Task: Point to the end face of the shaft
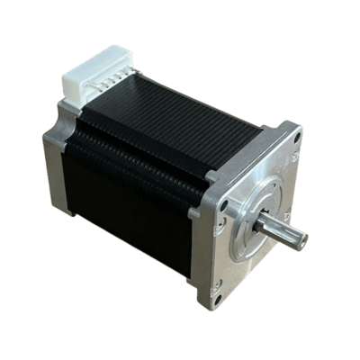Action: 301,238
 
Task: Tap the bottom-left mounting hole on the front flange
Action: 219,291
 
